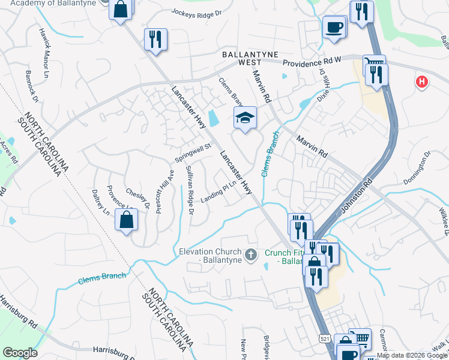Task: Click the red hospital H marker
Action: click(x=422, y=82)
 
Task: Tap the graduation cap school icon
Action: click(x=245, y=116)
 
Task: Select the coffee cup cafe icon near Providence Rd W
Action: click(x=334, y=27)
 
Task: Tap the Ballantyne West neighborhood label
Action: click(x=241, y=58)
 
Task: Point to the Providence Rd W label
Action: click(x=312, y=62)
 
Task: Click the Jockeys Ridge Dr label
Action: click(x=196, y=12)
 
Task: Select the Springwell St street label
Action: click(x=193, y=152)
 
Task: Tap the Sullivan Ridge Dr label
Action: click(x=190, y=190)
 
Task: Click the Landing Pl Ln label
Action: click(x=215, y=193)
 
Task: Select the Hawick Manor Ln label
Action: click(x=44, y=53)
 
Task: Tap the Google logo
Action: click(x=20, y=353)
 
